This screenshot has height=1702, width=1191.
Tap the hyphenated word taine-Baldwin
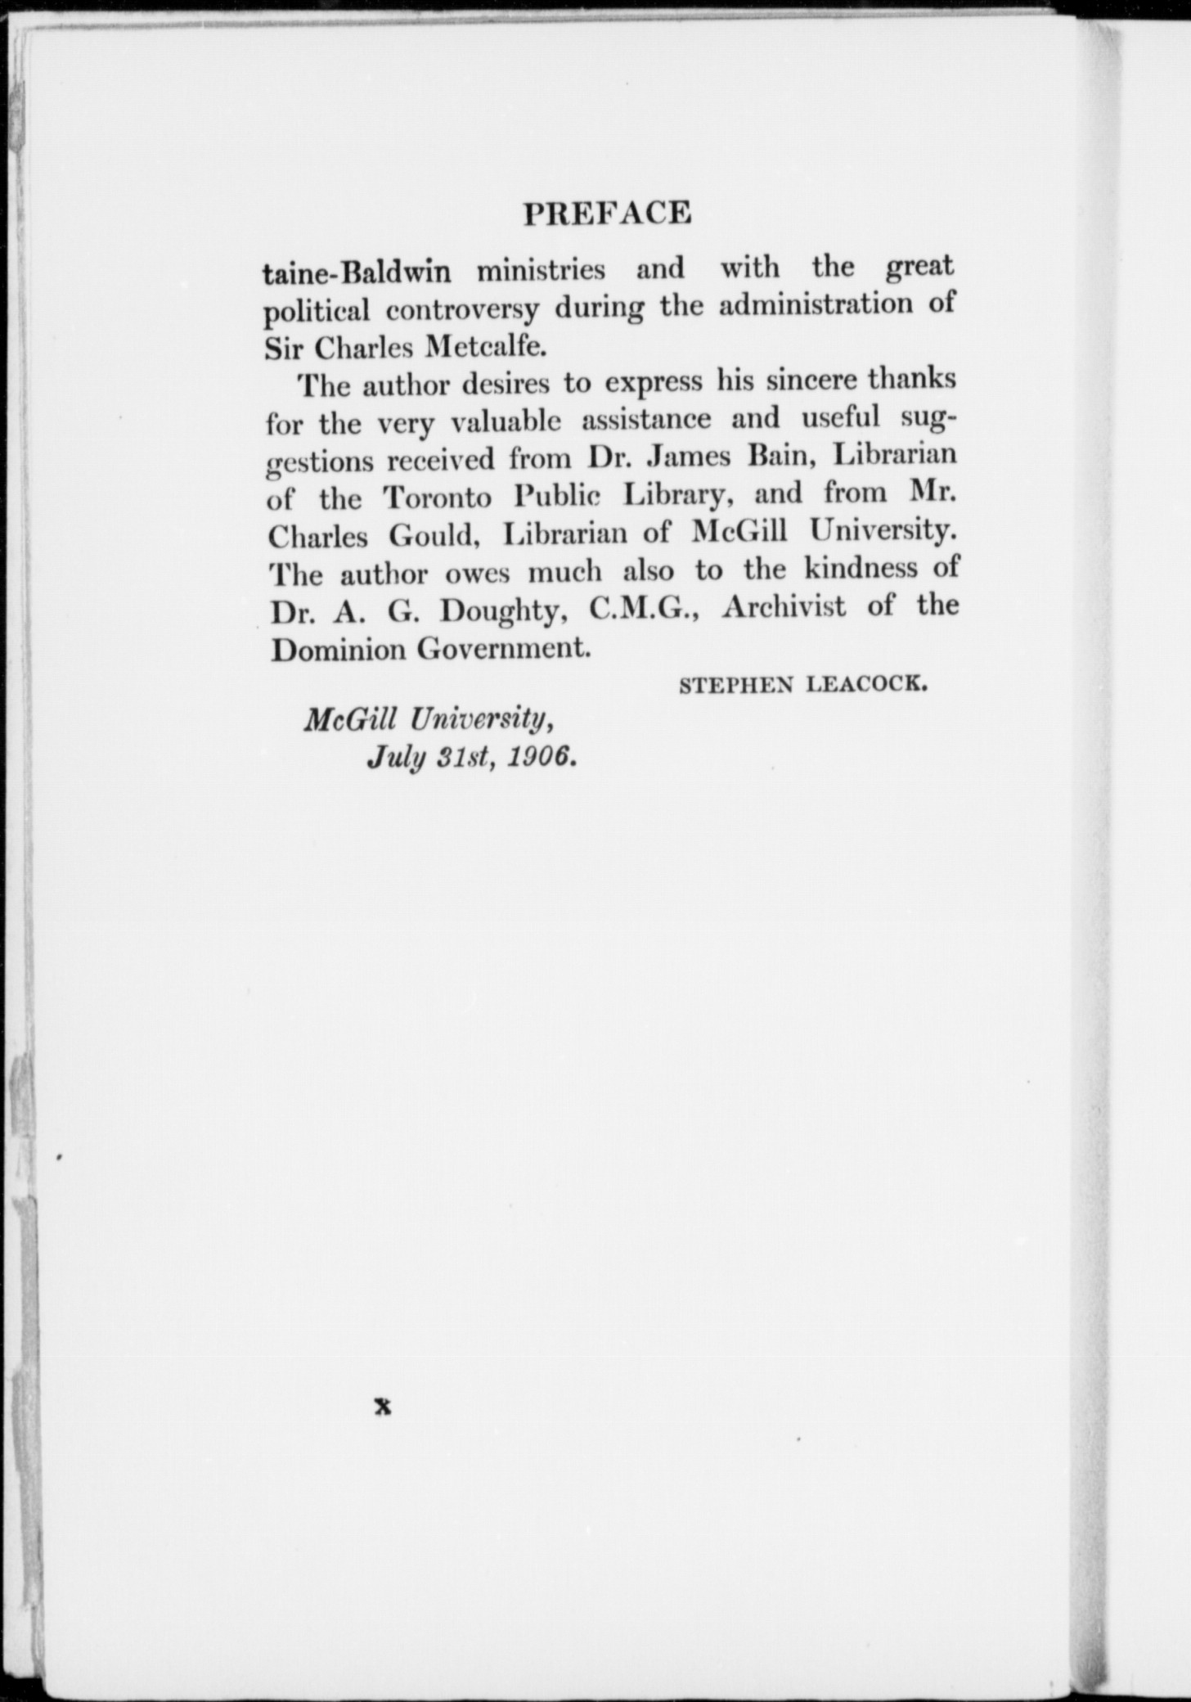coord(357,272)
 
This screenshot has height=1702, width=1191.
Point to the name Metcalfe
coord(486,348)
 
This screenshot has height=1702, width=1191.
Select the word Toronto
coord(438,498)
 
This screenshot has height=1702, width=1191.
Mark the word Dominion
coord(338,650)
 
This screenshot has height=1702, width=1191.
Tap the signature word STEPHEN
coord(736,685)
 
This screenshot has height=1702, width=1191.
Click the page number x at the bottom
coord(382,1407)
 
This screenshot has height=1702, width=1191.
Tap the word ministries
coord(541,269)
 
